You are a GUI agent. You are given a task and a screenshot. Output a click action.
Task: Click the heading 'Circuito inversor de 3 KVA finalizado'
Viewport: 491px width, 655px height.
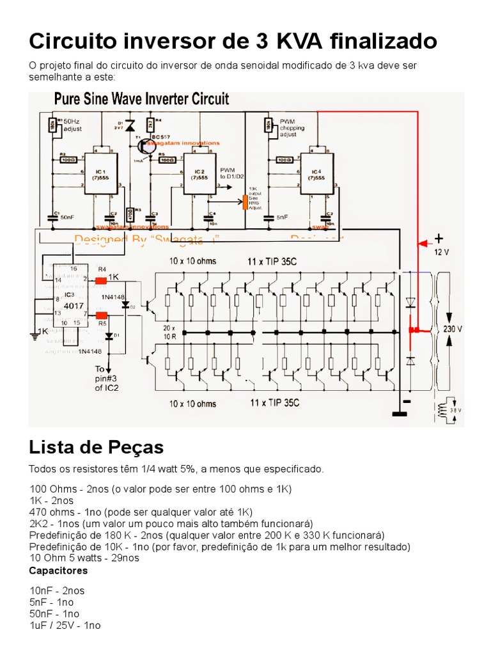[x=233, y=42]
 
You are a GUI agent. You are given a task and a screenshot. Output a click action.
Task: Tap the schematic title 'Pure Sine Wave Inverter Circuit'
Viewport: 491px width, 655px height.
[x=141, y=99]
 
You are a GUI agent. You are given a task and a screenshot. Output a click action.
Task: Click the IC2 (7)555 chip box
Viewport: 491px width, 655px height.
[x=199, y=173]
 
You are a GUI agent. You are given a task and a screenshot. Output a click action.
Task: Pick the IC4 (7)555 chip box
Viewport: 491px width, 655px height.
[x=316, y=172]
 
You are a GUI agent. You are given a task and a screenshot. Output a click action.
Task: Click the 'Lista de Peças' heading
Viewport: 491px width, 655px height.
[x=97, y=446]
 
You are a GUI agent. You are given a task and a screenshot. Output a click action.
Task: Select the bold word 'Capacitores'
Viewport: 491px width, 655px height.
[x=59, y=570]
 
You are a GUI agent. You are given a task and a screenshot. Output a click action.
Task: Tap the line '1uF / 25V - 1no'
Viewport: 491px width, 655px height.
[x=65, y=626]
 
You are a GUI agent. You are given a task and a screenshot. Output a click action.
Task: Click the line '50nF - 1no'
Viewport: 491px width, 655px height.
[x=52, y=613]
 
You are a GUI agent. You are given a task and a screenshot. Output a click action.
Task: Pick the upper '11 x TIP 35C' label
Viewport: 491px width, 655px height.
[x=273, y=262]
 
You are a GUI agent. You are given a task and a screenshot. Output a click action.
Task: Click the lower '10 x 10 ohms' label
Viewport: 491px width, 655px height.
[x=192, y=404]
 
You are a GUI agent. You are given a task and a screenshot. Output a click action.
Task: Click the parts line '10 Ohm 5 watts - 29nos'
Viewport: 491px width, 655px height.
[x=84, y=558]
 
